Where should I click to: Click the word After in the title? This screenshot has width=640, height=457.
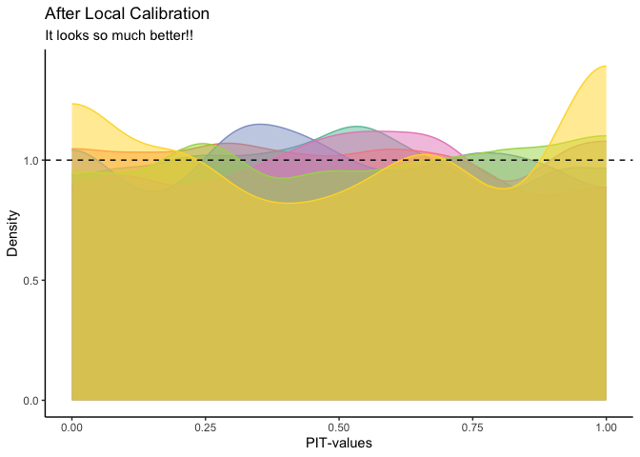(x=63, y=15)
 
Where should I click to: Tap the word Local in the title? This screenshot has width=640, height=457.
(x=108, y=15)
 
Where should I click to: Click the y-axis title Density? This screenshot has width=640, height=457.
(x=13, y=232)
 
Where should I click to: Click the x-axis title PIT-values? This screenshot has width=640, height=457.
(x=338, y=444)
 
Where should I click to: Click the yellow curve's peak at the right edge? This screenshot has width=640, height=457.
(x=604, y=66)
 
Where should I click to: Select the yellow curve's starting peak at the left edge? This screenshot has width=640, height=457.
(x=72, y=104)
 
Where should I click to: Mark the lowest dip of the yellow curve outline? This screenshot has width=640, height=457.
(x=290, y=202)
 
